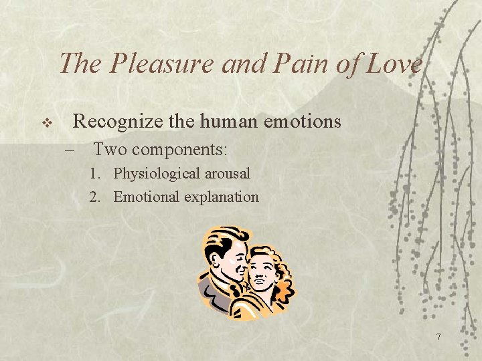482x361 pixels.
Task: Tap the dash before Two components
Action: pyautogui.click(x=71, y=149)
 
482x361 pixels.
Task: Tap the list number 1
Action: pyautogui.click(x=95, y=174)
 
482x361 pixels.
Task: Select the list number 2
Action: pyautogui.click(x=95, y=197)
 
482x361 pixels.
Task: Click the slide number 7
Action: pyautogui.click(x=438, y=337)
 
